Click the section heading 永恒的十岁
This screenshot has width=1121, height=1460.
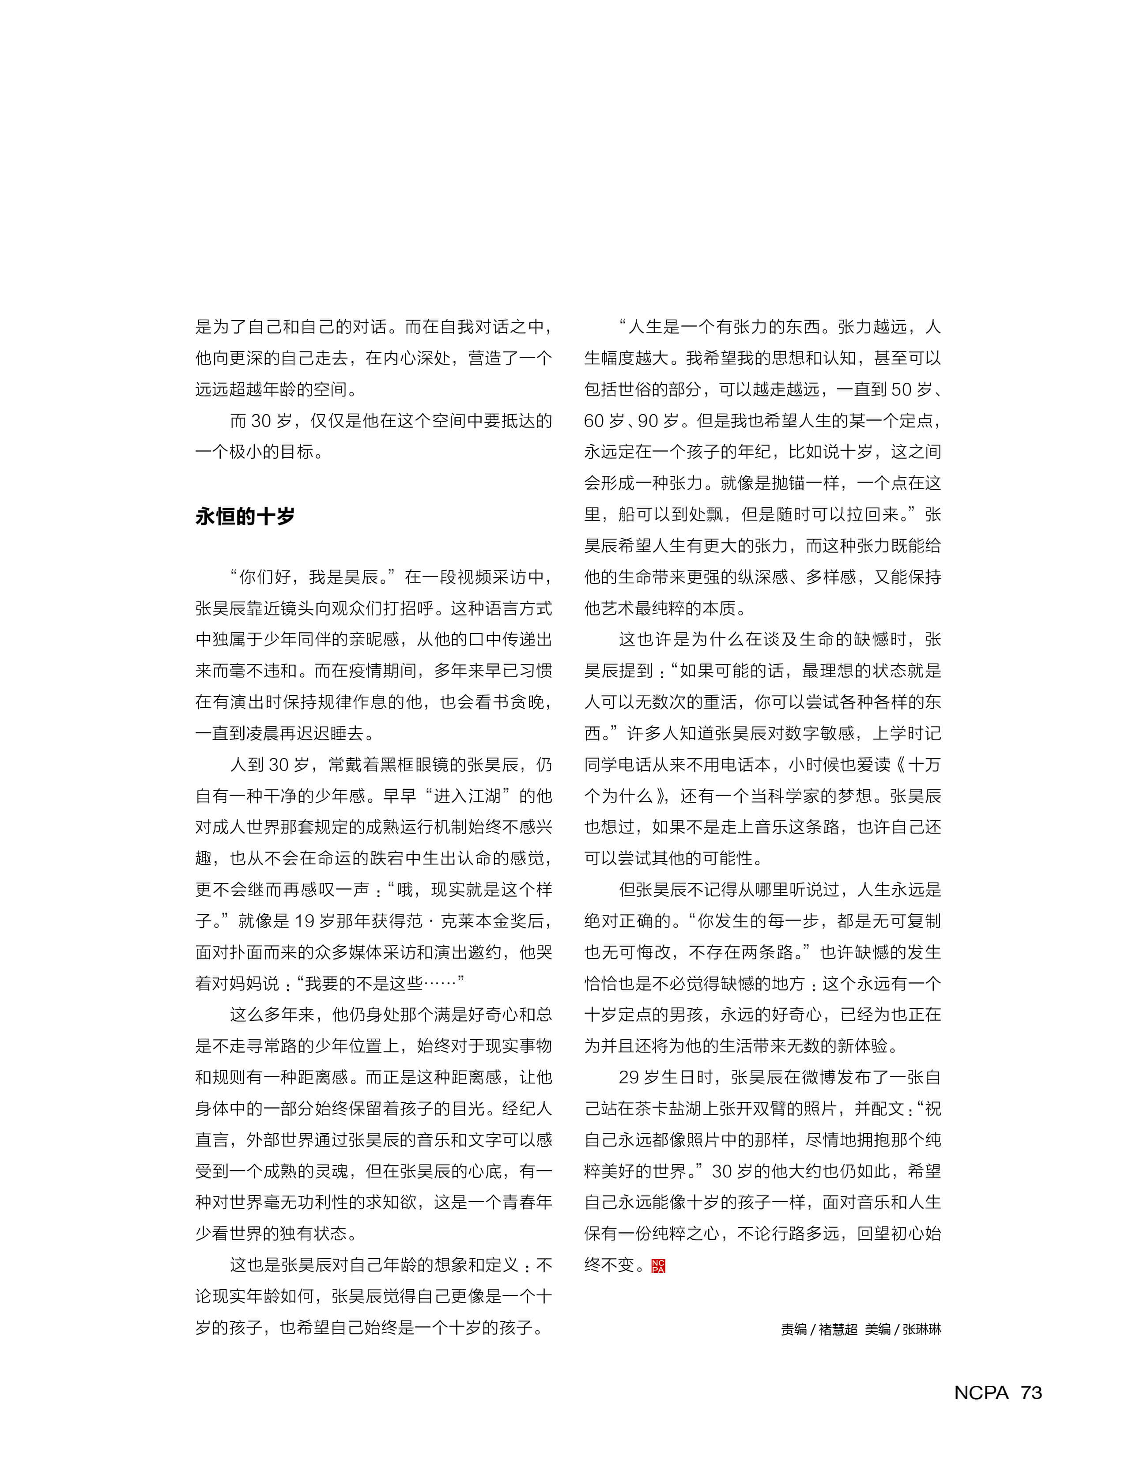(x=245, y=517)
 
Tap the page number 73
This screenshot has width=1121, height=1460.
(x=1031, y=1392)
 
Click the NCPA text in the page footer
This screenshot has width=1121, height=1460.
(x=981, y=1392)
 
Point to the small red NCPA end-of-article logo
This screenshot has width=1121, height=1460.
(x=658, y=1266)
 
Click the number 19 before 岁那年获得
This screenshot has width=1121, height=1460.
(x=304, y=921)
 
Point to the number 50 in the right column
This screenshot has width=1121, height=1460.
(x=901, y=390)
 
